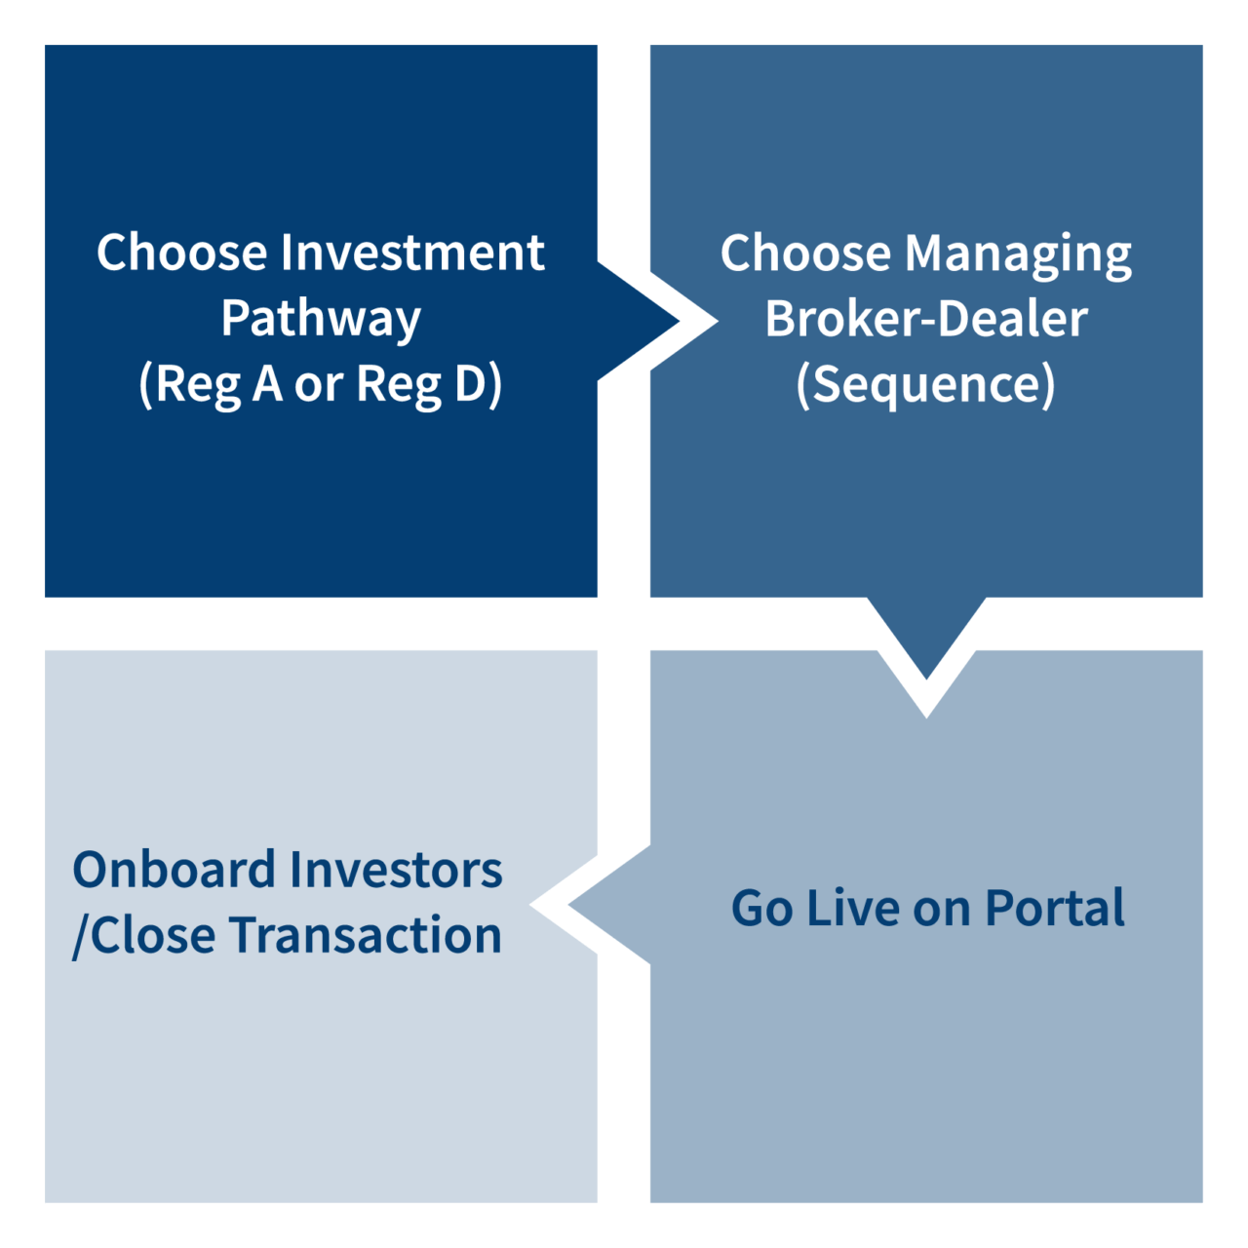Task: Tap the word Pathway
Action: [x=321, y=319]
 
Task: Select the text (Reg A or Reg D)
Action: [x=321, y=384]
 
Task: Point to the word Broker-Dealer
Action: [x=925, y=319]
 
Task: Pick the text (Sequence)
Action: [x=925, y=384]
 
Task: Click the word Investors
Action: [x=396, y=870]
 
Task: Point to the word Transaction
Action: [x=365, y=935]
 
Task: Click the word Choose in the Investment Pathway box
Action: [x=181, y=253]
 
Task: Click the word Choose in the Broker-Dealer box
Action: [x=804, y=253]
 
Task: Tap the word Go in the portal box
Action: [x=760, y=908]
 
